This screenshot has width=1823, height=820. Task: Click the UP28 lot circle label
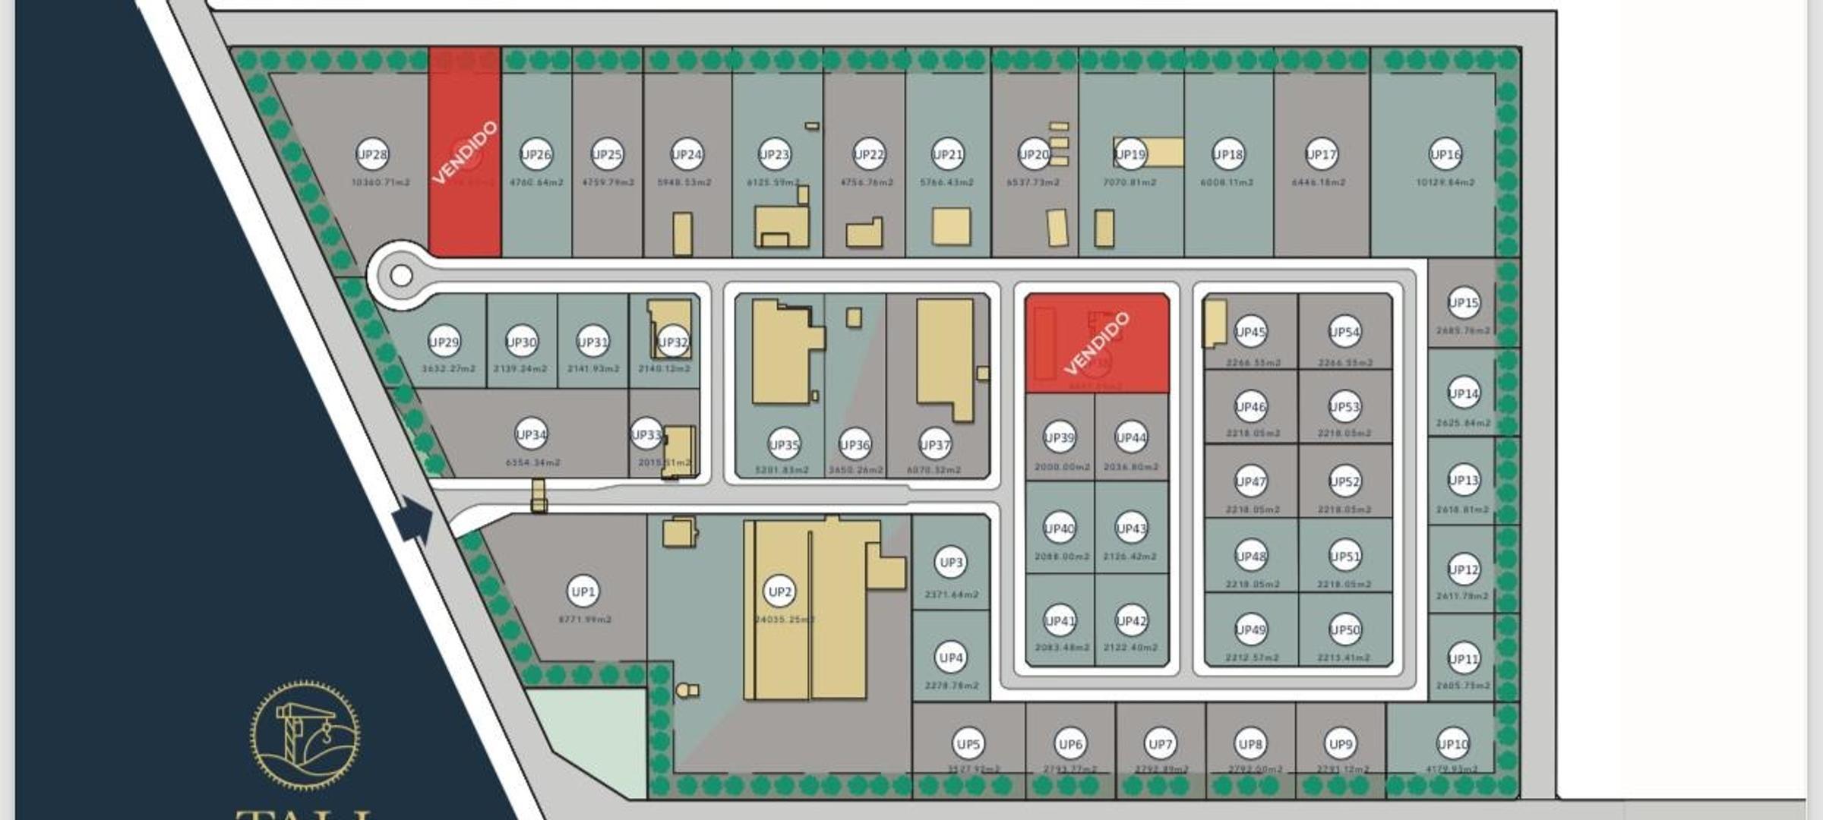pos(372,155)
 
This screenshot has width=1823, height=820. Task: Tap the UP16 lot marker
pos(1445,155)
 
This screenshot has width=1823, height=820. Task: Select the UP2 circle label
pos(780,592)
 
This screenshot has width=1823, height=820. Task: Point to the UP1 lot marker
pos(583,592)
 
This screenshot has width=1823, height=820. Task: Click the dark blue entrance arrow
pos(412,519)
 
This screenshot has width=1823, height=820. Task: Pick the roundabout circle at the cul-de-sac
pos(401,275)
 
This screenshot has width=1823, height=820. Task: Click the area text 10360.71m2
pos(381,183)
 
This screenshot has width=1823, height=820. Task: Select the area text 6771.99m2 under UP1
pos(585,620)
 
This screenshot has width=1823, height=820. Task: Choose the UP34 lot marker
pos(531,435)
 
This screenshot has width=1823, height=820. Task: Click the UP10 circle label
pos(1452,744)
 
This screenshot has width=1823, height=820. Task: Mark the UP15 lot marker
pos(1464,304)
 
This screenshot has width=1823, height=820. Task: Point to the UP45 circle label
pos(1250,332)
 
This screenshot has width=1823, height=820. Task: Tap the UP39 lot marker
pos(1059,437)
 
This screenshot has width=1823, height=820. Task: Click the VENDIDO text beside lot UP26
pos(465,152)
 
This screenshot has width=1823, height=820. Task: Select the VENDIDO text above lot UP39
pos(1097,343)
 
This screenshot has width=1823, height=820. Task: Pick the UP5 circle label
pos(968,744)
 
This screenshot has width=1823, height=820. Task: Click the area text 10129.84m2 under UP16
pos(1445,183)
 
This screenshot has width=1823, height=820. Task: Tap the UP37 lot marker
pos(935,445)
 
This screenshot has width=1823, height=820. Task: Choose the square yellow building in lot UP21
pos(951,226)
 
